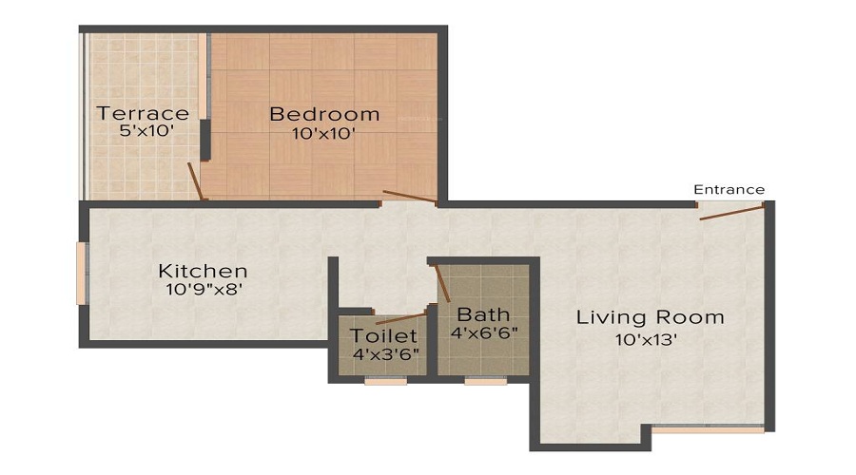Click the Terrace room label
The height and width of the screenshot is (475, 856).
click(x=142, y=114)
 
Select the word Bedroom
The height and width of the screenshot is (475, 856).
click(x=324, y=114)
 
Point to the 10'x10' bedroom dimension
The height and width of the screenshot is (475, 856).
click(x=324, y=133)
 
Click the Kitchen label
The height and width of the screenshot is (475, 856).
click(x=203, y=271)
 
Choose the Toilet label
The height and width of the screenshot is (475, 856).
click(x=383, y=335)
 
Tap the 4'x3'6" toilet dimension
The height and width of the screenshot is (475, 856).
click(x=384, y=353)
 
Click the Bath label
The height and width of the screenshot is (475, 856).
click(x=483, y=314)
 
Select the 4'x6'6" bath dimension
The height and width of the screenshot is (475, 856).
click(x=483, y=332)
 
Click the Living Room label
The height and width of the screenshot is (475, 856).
click(x=651, y=316)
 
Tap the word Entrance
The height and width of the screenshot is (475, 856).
click(x=729, y=189)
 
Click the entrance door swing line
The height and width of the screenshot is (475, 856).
click(x=731, y=212)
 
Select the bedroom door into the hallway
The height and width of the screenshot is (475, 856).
click(x=409, y=198)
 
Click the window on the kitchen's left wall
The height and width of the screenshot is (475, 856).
click(x=82, y=274)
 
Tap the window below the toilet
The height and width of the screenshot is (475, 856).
click(x=385, y=382)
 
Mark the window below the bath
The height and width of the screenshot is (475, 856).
click(x=485, y=382)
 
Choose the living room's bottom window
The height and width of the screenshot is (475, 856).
click(x=708, y=428)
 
